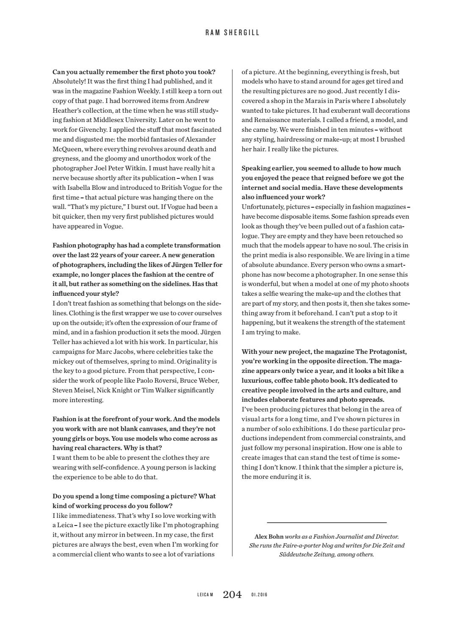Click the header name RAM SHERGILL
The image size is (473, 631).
point(232,33)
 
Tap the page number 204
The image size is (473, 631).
point(232,595)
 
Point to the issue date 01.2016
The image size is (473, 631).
point(259,595)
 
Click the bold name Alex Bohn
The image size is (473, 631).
point(269,536)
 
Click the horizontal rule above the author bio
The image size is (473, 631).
point(326,523)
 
